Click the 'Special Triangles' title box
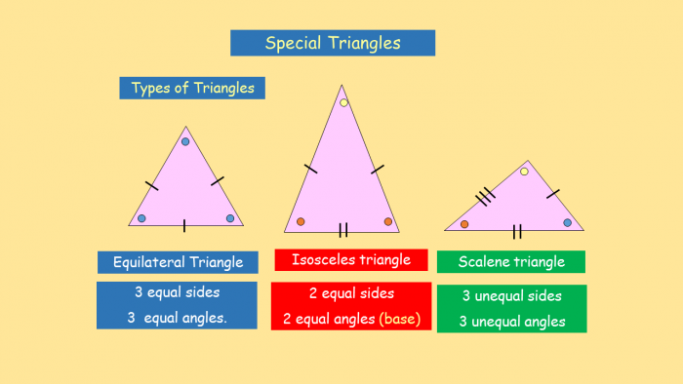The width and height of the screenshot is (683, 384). point(332,43)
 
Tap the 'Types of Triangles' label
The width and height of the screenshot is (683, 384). point(192,88)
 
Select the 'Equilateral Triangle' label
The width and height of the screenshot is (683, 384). point(178,262)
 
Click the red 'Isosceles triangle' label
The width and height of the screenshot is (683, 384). point(350,259)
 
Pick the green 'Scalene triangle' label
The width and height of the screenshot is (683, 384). point(511,261)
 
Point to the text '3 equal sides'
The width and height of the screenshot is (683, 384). point(177,291)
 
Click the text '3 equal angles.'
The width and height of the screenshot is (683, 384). point(177,317)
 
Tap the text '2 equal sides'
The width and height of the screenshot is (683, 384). point(351,293)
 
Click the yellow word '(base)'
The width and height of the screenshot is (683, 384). point(401,319)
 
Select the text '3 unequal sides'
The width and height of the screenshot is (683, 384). point(511,296)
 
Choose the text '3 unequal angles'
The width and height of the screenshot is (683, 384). point(511,322)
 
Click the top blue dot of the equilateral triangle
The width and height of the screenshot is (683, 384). point(185,141)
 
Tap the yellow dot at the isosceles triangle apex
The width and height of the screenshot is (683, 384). point(343,102)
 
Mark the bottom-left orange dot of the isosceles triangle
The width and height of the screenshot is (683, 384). point(301,221)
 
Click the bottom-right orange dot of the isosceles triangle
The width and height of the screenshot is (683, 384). point(388,221)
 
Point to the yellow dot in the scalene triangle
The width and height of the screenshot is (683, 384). point(524,172)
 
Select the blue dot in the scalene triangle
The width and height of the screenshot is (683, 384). point(567,222)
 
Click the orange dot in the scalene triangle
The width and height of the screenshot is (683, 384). point(464,224)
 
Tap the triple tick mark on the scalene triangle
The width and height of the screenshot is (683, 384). point(483,199)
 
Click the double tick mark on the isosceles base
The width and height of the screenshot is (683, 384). point(343,230)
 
